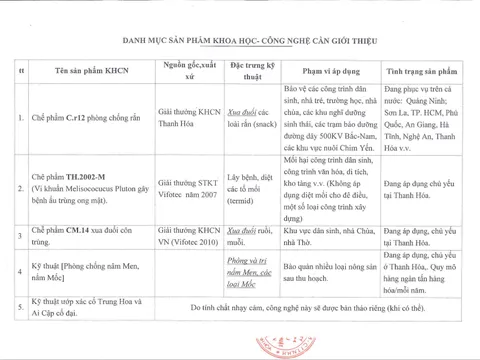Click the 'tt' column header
coord(22,73)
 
